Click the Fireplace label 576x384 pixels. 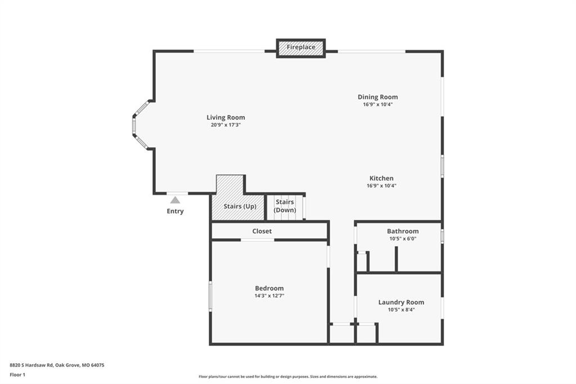[x=301, y=47]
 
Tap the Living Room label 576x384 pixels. [x=226, y=118]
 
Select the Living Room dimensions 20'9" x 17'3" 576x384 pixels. [x=226, y=125]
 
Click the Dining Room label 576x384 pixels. [x=377, y=97]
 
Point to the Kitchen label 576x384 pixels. [x=381, y=178]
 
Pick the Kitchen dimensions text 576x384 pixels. [x=381, y=186]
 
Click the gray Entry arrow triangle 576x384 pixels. [x=175, y=200]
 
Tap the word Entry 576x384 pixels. [x=175, y=211]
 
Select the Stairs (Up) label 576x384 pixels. [x=240, y=206]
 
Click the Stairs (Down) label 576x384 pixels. [x=285, y=206]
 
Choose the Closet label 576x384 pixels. [x=262, y=231]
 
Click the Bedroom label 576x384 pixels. [x=269, y=288]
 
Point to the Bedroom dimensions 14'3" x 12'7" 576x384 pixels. [x=269, y=296]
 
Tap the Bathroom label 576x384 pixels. [x=403, y=231]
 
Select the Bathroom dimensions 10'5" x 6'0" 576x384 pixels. [x=403, y=239]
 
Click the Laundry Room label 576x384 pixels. [x=401, y=302]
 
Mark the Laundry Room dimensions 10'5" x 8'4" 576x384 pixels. [x=401, y=310]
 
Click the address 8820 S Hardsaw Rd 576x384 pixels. [x=31, y=365]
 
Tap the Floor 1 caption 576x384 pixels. [x=17, y=375]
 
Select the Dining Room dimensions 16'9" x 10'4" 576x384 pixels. [x=378, y=105]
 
